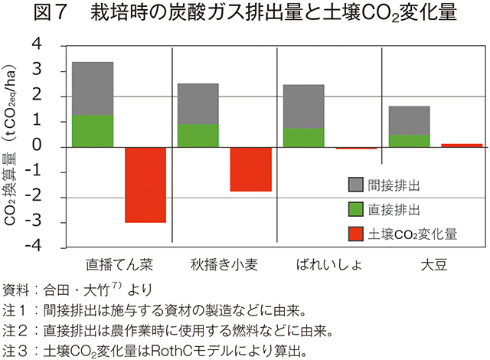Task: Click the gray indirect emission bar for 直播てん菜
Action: click(93, 88)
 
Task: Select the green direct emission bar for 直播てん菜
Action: click(93, 130)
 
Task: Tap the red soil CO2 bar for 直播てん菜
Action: click(145, 185)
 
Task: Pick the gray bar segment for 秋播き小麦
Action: click(198, 103)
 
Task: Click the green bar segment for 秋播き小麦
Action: click(198, 135)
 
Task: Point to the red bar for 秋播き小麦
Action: click(251, 169)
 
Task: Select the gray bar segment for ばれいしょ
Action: click(303, 106)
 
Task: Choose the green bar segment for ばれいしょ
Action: click(303, 137)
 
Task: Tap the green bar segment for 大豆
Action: click(409, 140)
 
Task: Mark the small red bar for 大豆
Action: click(461, 145)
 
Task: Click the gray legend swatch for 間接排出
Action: click(356, 185)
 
